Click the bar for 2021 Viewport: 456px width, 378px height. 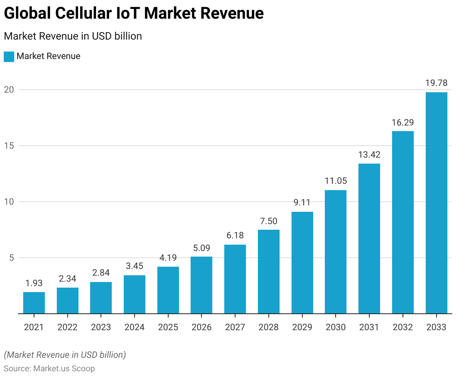[x=34, y=303]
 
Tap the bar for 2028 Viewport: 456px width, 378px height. [x=269, y=272]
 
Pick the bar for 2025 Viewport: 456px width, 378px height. [x=168, y=290]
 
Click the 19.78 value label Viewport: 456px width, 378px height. [x=437, y=83]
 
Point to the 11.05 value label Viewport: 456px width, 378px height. [x=336, y=181]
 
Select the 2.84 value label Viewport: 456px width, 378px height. [x=101, y=273]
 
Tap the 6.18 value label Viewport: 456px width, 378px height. [x=235, y=235]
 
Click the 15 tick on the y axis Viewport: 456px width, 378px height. [x=9, y=146]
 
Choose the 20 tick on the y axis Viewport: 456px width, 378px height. [x=9, y=90]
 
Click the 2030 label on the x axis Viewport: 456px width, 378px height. [x=336, y=327]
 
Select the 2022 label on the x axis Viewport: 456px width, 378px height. [x=68, y=327]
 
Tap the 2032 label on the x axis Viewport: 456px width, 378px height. [x=403, y=327]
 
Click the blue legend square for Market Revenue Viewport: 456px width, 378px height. [x=9, y=57]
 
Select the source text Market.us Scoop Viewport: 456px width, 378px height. [x=64, y=369]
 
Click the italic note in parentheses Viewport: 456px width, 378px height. [x=65, y=355]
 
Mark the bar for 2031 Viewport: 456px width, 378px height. [x=369, y=239]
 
